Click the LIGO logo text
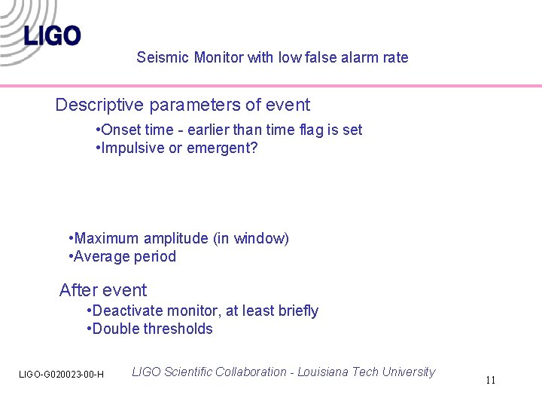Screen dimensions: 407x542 pos(52,35)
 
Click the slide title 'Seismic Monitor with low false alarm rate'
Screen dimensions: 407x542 pos(273,57)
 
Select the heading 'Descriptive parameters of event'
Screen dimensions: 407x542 pos(182,105)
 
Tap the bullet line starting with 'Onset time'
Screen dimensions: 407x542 pos(230,130)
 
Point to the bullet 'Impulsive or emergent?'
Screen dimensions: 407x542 pos(177,148)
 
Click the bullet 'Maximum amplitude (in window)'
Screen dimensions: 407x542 pos(178,238)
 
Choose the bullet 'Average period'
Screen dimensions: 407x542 pos(122,256)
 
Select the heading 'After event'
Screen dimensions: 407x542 pos(103,290)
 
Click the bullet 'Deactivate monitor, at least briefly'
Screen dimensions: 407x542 pos(202,311)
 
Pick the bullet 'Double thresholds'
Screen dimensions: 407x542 pos(150,329)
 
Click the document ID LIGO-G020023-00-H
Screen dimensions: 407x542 pos(61,375)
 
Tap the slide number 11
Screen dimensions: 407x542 pos(490,380)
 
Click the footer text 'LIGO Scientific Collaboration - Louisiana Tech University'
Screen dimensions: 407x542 pos(283,372)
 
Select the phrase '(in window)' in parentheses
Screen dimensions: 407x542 pos(251,238)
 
